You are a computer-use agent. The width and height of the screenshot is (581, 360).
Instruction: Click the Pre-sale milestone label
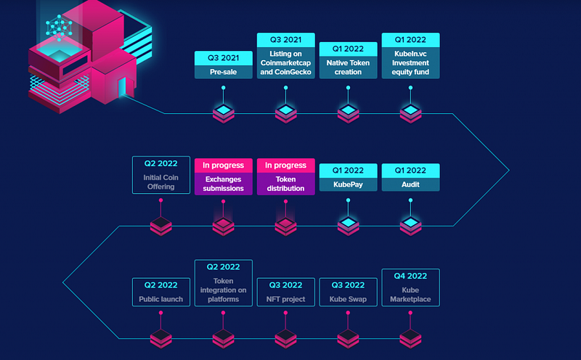click(224, 72)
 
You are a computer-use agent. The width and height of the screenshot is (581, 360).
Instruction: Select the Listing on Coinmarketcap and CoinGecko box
click(285, 56)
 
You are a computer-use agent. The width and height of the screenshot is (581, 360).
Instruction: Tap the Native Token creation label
click(348, 67)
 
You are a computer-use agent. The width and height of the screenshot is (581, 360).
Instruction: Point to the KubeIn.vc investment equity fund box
click(410, 56)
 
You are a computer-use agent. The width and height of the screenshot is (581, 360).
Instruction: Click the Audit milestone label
click(410, 184)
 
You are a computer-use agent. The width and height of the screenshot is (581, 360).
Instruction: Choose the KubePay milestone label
click(348, 184)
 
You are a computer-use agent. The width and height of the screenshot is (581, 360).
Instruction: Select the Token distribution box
click(285, 176)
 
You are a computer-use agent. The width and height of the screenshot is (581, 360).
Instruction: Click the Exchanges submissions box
click(224, 176)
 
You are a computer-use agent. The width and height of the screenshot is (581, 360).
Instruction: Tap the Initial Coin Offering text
click(161, 182)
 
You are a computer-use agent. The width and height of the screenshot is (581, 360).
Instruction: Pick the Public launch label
click(161, 299)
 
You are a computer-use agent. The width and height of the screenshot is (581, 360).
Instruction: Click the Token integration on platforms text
click(224, 290)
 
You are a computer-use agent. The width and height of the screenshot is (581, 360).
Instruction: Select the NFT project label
click(285, 299)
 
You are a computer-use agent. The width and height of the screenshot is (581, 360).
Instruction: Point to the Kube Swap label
click(348, 299)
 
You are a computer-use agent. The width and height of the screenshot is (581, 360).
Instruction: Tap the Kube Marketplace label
click(410, 295)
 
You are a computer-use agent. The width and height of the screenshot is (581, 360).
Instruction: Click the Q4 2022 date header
click(410, 276)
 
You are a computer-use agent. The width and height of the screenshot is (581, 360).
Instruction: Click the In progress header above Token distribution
click(285, 165)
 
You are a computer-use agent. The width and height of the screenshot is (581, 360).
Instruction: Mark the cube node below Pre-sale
click(224, 113)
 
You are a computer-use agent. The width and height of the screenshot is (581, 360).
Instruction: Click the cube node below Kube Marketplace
click(410, 338)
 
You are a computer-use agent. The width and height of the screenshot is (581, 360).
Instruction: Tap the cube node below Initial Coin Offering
click(161, 226)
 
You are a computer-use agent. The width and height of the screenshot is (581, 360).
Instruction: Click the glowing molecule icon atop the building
click(59, 28)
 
